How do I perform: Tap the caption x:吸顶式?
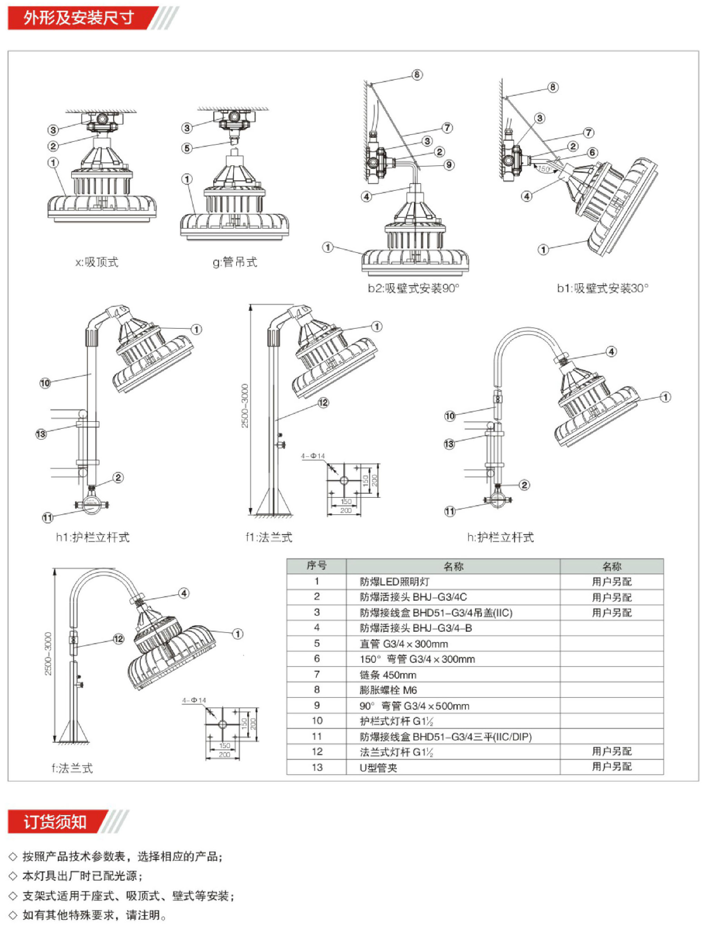coord(97,262)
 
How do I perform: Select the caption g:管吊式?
coord(235,262)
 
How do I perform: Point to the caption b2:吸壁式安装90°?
coord(413,288)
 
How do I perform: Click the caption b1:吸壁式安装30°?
coord(602,288)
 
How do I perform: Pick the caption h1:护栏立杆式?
coord(93,537)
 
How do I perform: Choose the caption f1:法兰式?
coord(269,537)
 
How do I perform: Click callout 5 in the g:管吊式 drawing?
coord(187,148)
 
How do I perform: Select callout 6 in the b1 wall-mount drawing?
coord(593,152)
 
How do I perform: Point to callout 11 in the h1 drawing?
coord(47,517)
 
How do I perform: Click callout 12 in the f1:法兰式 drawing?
coord(323,403)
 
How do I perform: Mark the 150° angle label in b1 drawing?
coord(544,169)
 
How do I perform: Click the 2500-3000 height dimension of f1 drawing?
coord(245,405)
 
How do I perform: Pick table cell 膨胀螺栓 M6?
coord(388,690)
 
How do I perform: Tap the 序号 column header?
coord(317,566)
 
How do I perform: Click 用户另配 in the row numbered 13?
coord(612,766)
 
